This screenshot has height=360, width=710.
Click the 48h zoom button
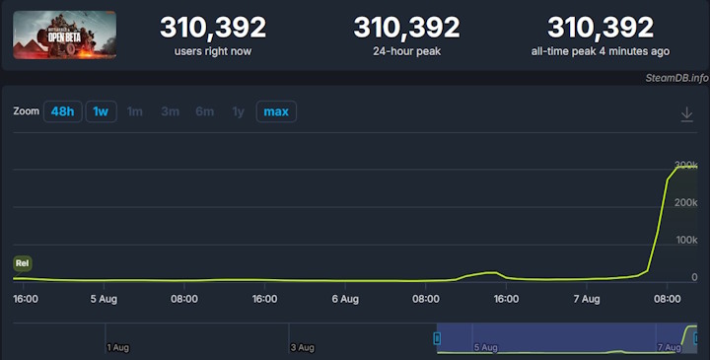click(62, 111)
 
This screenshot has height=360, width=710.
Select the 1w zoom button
click(101, 111)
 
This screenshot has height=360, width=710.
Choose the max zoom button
click(276, 111)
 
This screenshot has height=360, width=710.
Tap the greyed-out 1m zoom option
click(135, 111)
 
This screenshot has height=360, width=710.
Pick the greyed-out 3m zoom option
click(170, 111)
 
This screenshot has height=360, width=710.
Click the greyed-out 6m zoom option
click(204, 111)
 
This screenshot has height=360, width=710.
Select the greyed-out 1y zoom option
click(238, 111)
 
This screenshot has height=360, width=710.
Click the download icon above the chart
click(687, 114)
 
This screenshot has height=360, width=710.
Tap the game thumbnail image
click(64, 36)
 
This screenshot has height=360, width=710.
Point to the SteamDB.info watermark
click(677, 78)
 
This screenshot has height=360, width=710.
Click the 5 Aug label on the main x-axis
click(106, 298)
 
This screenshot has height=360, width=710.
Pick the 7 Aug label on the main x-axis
click(587, 298)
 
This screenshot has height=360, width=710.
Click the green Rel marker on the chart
click(22, 263)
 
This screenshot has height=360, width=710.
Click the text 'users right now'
click(213, 51)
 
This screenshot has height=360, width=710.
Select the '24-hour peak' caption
click(406, 51)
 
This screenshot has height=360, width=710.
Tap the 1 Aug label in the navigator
click(118, 347)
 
